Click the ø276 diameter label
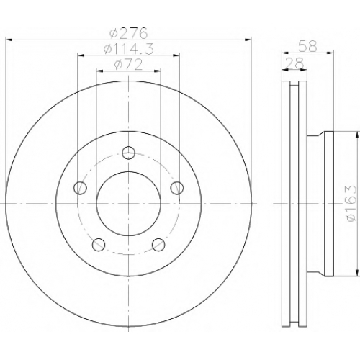[x=128, y=33]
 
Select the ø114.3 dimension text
[x=128, y=50]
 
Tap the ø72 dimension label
[x=128, y=65]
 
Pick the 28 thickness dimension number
[x=294, y=63]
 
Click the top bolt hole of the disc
[x=129, y=153]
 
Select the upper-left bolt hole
[x=80, y=188]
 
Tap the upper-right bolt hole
[x=177, y=188]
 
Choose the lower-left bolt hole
[x=99, y=245]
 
